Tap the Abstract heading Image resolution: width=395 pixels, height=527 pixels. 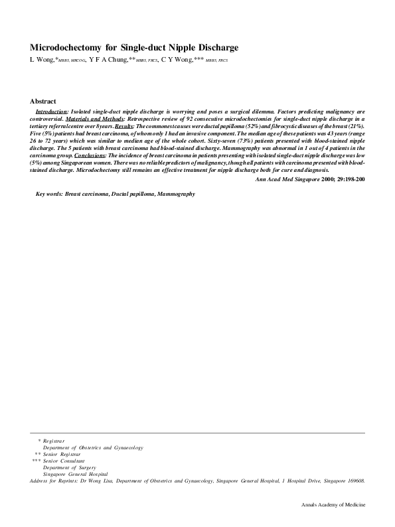[43, 101]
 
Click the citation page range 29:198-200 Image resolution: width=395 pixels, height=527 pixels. [347, 179]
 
